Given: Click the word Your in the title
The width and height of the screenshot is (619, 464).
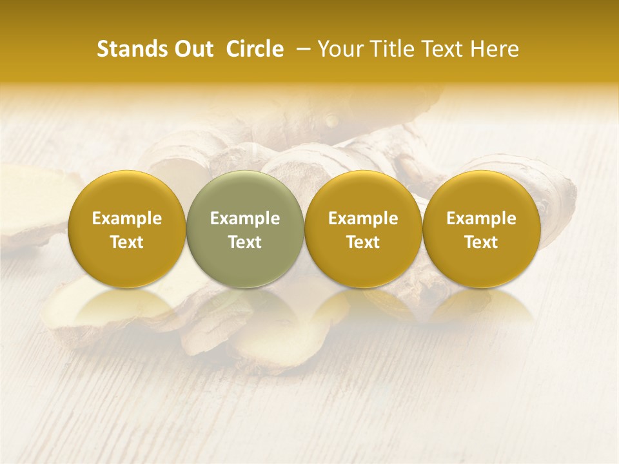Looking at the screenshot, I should [338, 49].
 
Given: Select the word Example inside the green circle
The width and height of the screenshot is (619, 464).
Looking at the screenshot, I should [245, 218].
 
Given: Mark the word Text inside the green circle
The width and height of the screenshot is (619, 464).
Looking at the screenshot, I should [245, 242].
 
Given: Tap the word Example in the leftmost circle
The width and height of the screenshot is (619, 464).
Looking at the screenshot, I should [127, 218].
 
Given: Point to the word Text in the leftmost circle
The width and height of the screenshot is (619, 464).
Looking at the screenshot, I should [127, 242].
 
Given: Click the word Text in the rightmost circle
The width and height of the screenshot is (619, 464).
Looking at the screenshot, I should [482, 242].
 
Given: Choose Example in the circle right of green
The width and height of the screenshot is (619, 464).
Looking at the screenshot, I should [363, 218].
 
